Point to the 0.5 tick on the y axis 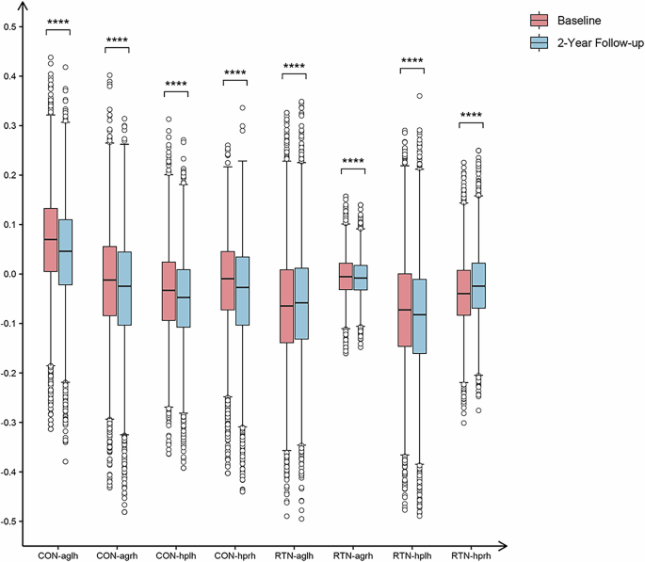[12, 26]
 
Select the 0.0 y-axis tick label [12, 274]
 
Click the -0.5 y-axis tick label [10, 521]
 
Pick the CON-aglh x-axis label [58, 554]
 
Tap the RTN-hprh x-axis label [470, 554]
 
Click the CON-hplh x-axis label [176, 554]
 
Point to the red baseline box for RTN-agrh [345, 276]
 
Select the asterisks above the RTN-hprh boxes [471, 117]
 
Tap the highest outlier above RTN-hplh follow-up [420, 96]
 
